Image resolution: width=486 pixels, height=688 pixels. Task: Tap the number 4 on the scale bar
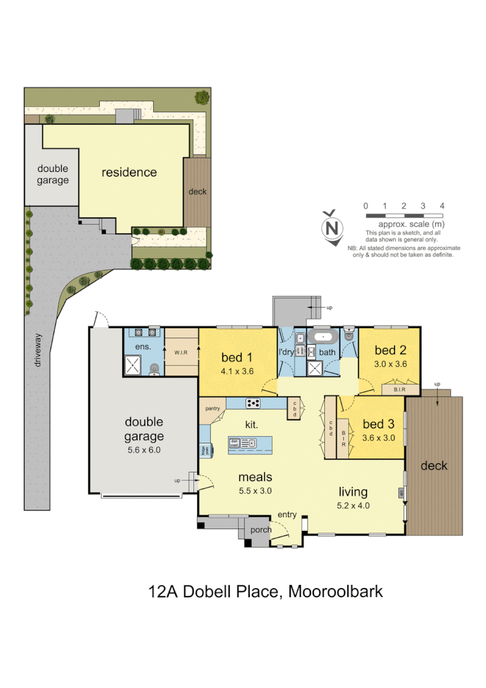442,206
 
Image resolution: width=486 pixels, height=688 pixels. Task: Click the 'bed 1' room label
237,357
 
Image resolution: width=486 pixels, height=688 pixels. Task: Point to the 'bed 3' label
378,424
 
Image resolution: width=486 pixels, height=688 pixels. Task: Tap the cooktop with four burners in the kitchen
252,403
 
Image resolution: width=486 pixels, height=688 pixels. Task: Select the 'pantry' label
212,409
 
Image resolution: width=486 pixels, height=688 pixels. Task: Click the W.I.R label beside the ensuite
180,352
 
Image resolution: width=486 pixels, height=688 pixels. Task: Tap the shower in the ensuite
134,367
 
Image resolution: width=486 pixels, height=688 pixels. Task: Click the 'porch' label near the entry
261,530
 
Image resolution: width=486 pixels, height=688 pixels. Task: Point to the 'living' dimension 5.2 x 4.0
353,506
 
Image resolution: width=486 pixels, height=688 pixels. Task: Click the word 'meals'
254,478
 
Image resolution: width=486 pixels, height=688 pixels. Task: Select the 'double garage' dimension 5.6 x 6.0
144,449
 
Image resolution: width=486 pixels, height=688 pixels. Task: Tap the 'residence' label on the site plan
129,173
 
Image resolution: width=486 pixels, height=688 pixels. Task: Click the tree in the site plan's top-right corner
202,97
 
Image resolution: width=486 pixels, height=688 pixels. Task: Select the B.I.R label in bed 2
400,390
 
